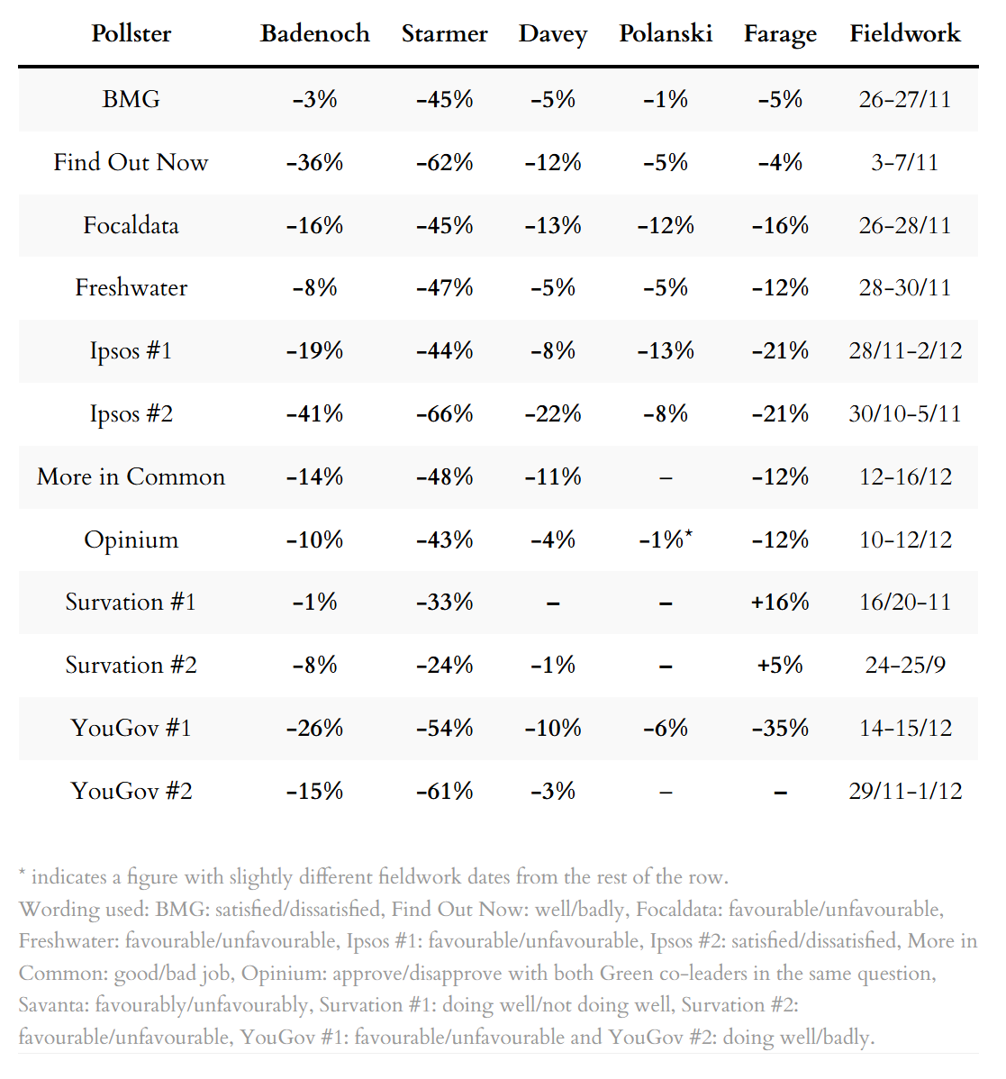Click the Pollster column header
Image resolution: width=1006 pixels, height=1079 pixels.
pyautogui.click(x=131, y=34)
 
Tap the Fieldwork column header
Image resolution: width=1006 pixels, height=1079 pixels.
pyautogui.click(x=905, y=34)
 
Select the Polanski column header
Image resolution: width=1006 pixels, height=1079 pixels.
pyautogui.click(x=666, y=34)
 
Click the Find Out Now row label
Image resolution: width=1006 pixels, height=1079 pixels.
pyautogui.click(x=131, y=162)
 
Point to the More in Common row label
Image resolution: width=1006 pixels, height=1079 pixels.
pyautogui.click(x=131, y=476)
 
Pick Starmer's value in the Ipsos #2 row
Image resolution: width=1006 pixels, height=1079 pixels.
pyautogui.click(x=445, y=413)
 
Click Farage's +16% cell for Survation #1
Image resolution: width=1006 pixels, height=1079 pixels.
pyautogui.click(x=780, y=602)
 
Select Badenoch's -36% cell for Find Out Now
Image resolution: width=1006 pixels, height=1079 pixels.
pyautogui.click(x=315, y=162)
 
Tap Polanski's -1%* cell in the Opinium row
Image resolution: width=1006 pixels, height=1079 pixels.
pyautogui.click(x=666, y=539)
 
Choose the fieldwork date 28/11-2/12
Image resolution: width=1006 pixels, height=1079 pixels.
pyautogui.click(x=905, y=350)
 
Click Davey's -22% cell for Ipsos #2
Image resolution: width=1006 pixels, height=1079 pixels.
pyautogui.click(x=553, y=413)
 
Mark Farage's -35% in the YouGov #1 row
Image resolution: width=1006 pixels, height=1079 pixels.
pyautogui.click(x=780, y=728)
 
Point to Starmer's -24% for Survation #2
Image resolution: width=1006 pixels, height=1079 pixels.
pyautogui.click(x=445, y=665)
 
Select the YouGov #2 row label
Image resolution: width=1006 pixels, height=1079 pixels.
pyautogui.click(x=131, y=791)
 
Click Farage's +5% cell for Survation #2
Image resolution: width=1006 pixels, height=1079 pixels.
pyautogui.click(x=780, y=665)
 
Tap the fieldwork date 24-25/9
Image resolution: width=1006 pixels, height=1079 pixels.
pyautogui.click(x=905, y=665)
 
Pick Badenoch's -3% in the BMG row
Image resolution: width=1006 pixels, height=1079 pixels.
pyautogui.click(x=315, y=99)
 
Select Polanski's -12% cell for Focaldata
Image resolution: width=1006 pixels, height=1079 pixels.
pyautogui.click(x=666, y=225)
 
